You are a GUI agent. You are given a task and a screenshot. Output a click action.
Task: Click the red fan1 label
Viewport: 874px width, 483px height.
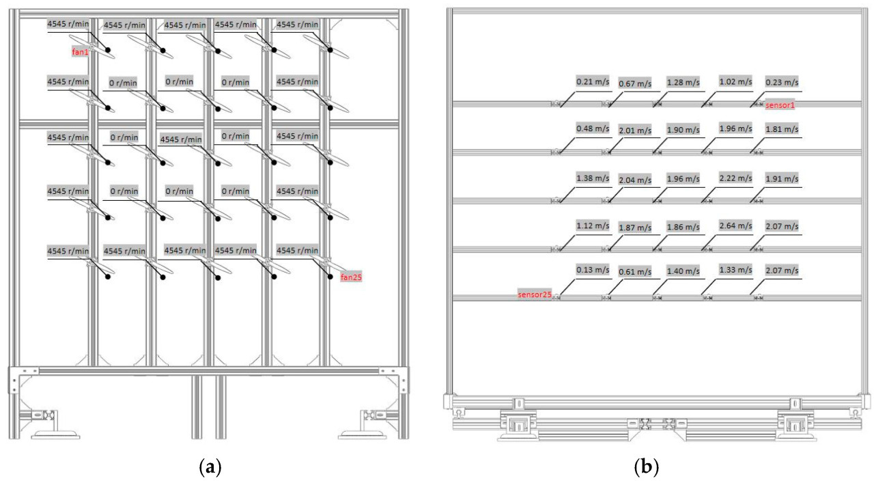click(81, 51)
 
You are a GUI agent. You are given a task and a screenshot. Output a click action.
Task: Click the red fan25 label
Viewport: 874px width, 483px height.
click(350, 277)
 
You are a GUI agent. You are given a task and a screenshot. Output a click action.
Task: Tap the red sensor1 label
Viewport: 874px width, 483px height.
click(781, 105)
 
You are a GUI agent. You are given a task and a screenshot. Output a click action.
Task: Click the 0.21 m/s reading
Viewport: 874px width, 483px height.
click(593, 81)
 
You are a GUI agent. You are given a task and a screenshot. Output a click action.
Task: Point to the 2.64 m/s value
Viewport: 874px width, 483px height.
click(735, 225)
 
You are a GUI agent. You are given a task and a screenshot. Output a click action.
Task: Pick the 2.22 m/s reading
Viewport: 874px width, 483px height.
click(735, 178)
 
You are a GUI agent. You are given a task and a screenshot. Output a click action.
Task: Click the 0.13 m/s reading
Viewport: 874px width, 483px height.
click(593, 269)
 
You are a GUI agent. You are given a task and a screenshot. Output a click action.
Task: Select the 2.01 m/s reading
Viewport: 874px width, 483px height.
click(635, 130)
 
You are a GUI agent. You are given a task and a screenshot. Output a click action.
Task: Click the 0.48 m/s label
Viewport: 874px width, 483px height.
click(593, 128)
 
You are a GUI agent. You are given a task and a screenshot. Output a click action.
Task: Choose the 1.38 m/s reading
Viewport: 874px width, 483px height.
click(593, 178)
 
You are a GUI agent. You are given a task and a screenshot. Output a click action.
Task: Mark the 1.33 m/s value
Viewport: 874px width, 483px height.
click(735, 269)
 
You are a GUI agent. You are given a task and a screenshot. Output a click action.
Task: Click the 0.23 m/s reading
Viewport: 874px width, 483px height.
click(782, 81)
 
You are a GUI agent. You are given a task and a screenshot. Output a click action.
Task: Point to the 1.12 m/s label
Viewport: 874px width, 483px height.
click(593, 225)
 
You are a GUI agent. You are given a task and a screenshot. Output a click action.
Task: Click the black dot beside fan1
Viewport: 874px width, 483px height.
click(108, 51)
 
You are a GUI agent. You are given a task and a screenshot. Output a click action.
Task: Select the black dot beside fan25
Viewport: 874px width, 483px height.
click(330, 277)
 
